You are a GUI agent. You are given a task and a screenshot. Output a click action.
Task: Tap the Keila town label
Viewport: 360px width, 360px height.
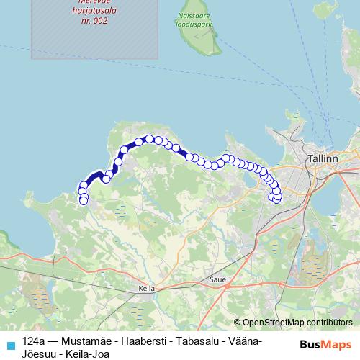click(x=147, y=288)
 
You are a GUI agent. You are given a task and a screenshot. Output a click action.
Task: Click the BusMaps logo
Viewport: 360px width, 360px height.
click(x=325, y=344)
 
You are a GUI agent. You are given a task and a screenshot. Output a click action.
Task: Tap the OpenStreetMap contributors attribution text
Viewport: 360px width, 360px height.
click(x=297, y=323)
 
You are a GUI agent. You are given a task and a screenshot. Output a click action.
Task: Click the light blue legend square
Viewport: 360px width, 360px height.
click(x=11, y=344)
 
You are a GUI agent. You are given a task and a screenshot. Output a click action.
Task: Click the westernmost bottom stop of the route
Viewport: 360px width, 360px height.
click(x=84, y=200)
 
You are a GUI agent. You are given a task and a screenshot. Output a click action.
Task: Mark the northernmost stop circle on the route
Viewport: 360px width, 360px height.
click(x=150, y=138)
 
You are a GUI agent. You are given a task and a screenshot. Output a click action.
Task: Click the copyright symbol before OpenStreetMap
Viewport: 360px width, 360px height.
click(x=237, y=323)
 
